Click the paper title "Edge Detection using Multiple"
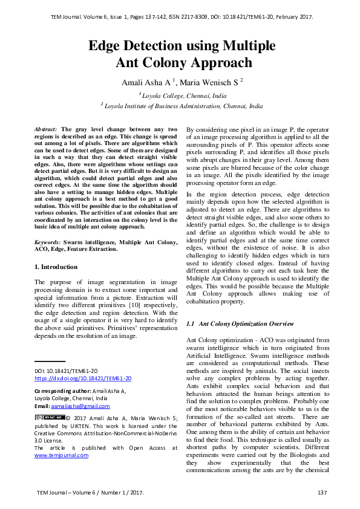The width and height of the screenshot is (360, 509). (x=182, y=46)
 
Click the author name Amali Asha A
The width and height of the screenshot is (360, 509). (x=145, y=82)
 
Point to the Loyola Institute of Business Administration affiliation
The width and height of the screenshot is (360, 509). (x=184, y=105)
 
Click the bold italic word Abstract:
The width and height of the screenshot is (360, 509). (x=47, y=129)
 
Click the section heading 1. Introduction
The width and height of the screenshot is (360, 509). (x=56, y=267)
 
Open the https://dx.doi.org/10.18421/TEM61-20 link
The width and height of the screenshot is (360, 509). (x=83, y=378)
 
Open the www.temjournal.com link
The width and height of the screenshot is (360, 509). (x=61, y=455)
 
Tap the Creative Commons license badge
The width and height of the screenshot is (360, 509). (x=50, y=417)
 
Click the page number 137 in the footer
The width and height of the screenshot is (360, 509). (x=322, y=493)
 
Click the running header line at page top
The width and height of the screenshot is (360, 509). (x=182, y=16)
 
